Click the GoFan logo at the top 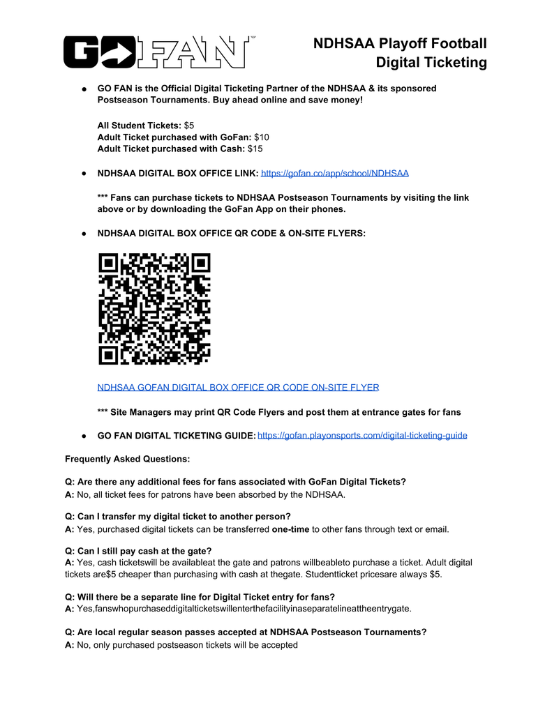point(156,52)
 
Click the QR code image point(154,309)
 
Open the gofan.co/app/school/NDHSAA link point(334,173)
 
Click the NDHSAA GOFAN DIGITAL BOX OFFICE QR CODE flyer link point(238,387)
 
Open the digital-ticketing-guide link point(362,436)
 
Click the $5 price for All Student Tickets point(189,126)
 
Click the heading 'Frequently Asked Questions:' point(127,459)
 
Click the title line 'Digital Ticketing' point(431,63)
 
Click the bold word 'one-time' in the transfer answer point(290,529)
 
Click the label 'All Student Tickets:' point(139,126)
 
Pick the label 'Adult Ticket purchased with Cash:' point(171,149)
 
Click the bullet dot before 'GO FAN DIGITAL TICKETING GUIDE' point(83,436)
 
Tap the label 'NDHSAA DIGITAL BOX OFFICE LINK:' point(177,173)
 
